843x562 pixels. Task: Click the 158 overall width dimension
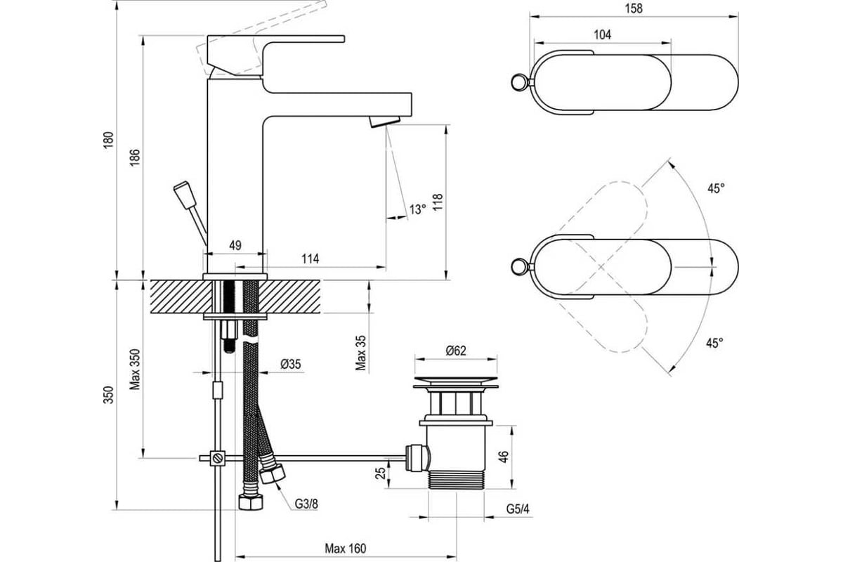(x=634, y=8)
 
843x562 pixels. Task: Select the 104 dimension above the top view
(x=602, y=34)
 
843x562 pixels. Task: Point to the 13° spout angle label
(x=418, y=209)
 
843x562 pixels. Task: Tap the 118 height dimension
(x=438, y=202)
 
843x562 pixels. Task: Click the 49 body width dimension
(x=235, y=245)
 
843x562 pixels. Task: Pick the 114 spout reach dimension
(x=310, y=259)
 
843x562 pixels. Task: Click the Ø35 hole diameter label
(x=291, y=364)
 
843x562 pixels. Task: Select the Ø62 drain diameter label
(x=456, y=351)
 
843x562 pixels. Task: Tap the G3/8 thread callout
(x=306, y=504)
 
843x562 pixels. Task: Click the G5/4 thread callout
(x=518, y=509)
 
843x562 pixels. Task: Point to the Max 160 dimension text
(x=345, y=549)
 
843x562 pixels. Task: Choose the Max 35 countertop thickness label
(x=360, y=353)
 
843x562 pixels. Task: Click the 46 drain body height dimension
(x=504, y=457)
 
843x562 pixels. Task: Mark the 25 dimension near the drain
(x=381, y=473)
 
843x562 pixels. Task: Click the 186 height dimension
(x=135, y=157)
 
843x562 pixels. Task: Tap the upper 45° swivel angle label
(x=716, y=188)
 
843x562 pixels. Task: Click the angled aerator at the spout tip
(x=384, y=122)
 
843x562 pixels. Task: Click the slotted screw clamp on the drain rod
(x=218, y=458)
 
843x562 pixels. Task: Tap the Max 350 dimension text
(x=135, y=370)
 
